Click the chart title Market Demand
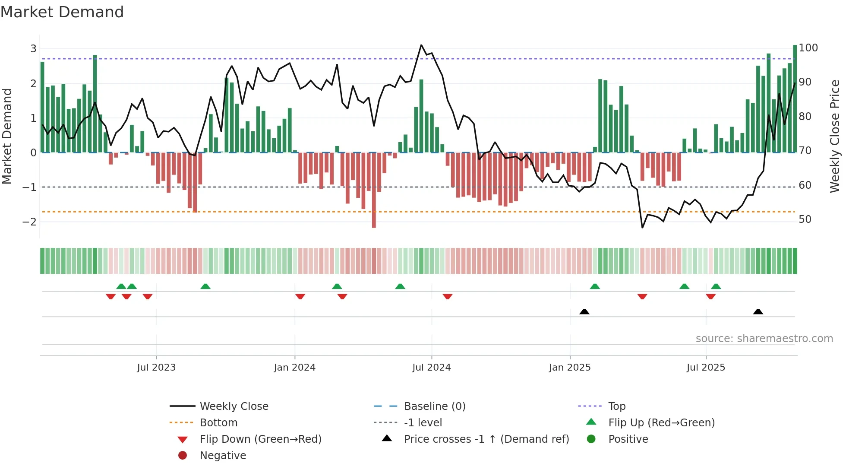62,12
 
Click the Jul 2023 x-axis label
156,368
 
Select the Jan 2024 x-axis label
294,368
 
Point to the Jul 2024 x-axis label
431,368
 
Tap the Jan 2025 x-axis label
570,368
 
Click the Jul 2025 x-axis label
706,368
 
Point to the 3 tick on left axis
33,49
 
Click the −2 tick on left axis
29,222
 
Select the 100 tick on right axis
808,48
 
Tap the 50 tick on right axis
805,219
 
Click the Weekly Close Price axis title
835,136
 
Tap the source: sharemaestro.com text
764,339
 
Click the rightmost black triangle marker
758,311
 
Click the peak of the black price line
421,45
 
